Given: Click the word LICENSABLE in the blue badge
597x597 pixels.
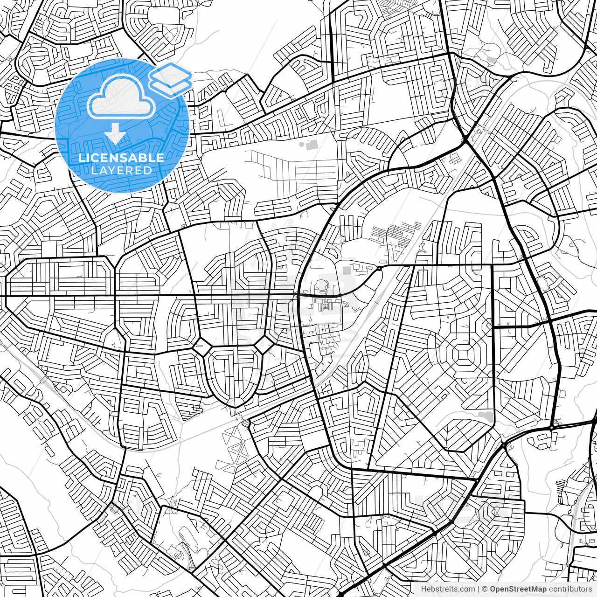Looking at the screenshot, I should click(121, 158).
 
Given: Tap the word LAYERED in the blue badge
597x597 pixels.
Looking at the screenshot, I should click(121, 170).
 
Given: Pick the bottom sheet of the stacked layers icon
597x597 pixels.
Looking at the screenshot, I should click(171, 85).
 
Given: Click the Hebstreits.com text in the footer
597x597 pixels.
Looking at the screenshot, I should click(448, 589).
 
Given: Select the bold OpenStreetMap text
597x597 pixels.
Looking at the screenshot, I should click(518, 589).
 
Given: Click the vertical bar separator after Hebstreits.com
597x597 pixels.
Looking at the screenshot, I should click(479, 589).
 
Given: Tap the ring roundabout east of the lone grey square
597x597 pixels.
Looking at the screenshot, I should click(379, 269).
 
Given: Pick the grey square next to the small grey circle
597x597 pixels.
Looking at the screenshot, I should click(312, 143).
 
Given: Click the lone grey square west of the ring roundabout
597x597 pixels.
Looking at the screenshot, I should click(346, 270).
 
